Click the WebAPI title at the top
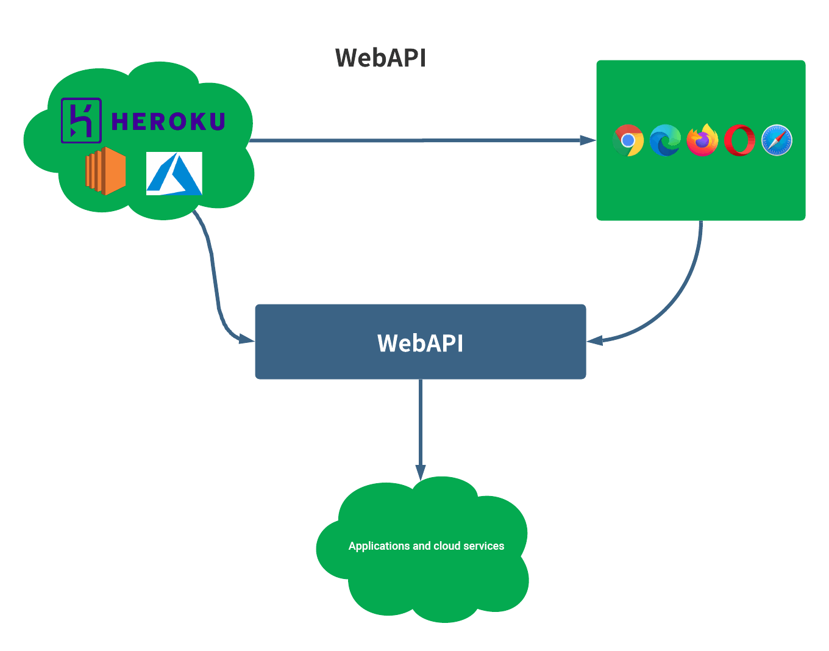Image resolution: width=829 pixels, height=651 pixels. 380,58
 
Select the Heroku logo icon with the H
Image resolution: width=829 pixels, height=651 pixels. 81,121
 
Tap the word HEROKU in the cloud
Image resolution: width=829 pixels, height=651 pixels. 168,121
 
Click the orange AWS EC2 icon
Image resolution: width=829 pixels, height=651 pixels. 105,171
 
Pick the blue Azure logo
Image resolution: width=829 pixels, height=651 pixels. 174,173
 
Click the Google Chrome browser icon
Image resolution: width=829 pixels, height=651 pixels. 628,140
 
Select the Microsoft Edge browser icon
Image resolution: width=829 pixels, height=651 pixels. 665,140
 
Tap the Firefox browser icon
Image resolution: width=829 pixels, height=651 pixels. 702,140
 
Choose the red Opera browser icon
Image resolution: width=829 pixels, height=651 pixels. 739,140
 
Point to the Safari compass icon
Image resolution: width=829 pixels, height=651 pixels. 777,140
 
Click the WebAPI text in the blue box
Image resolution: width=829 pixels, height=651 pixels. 420,343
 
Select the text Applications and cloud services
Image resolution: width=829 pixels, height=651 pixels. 426,546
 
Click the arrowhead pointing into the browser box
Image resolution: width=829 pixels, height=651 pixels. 588,140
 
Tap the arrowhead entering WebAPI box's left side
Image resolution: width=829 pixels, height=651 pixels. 247,339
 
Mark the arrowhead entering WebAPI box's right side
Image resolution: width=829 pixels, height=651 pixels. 594,340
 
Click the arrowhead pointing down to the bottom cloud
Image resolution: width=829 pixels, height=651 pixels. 421,472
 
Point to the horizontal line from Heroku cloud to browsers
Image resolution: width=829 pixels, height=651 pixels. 415,140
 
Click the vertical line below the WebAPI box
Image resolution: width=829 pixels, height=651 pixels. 421,421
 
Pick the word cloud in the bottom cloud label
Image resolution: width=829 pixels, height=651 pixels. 447,546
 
